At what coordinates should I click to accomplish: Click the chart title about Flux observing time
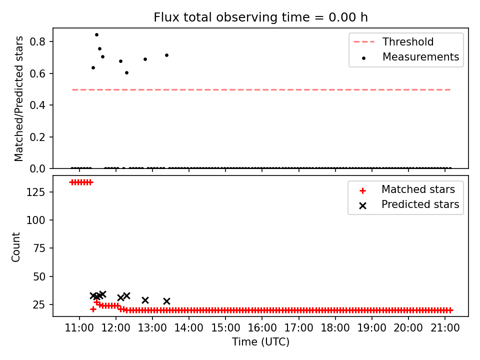point(260,17)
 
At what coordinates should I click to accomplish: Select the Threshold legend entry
point(393,41)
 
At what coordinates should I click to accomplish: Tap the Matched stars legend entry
point(407,189)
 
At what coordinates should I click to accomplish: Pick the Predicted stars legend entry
point(409,204)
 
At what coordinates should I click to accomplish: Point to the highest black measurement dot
point(96,35)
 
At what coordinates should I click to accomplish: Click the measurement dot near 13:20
point(166,55)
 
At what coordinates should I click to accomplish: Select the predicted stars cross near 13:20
point(166,301)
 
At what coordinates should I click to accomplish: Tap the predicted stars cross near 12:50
point(145,300)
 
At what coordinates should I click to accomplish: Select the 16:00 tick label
point(262,328)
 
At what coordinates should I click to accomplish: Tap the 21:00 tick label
point(445,328)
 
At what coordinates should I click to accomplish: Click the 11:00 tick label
point(79,328)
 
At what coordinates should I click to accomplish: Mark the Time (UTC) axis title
point(260,341)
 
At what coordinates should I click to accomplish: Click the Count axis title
point(15,246)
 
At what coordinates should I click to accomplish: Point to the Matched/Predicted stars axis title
point(18,98)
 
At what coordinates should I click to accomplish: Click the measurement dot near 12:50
point(145,59)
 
